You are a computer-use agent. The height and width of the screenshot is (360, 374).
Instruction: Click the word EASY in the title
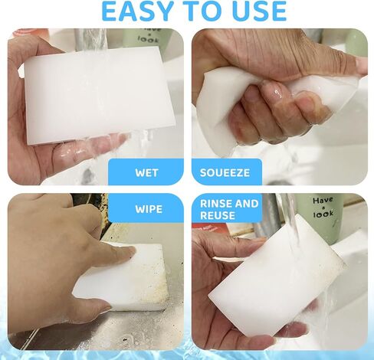coord(137,11)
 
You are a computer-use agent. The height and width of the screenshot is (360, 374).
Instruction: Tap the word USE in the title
coord(257,11)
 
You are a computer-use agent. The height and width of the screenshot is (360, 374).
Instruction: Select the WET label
coord(146,173)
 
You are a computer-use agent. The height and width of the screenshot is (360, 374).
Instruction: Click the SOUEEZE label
coord(225,173)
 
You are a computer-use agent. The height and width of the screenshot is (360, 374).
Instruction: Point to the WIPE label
coord(149,209)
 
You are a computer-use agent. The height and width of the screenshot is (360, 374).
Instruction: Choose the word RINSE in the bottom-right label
coord(216,204)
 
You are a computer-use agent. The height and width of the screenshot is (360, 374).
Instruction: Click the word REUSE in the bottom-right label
coord(218,215)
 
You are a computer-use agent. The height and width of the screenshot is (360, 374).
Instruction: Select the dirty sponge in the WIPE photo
coord(123,277)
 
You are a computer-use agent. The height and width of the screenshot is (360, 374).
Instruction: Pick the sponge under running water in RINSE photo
coord(277,276)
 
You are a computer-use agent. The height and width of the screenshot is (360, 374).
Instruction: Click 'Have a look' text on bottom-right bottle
coord(323,207)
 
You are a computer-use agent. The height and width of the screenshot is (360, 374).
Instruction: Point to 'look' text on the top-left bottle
coord(148,39)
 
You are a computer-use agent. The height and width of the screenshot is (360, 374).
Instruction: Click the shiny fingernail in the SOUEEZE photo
coord(275,93)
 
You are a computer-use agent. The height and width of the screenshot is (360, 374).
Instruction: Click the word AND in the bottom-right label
coord(247,204)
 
